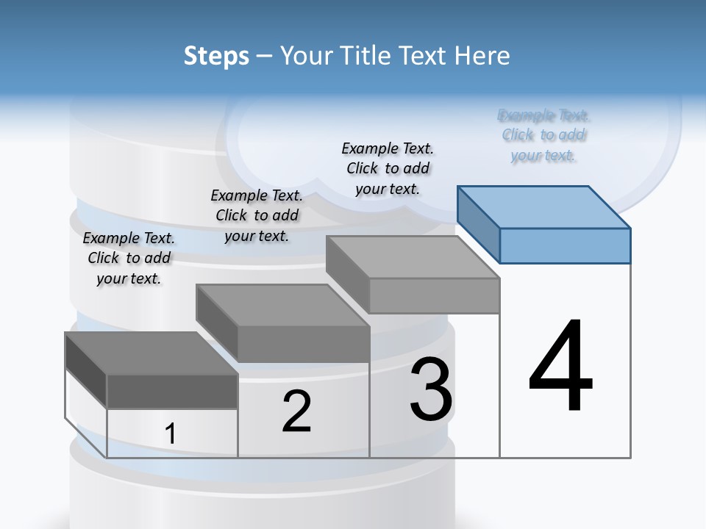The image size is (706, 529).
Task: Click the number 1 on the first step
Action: click(x=170, y=433)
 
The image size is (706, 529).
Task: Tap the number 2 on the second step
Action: click(x=296, y=411)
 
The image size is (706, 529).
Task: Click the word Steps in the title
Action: click(x=216, y=56)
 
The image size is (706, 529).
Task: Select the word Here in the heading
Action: click(x=485, y=56)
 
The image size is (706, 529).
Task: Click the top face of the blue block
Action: click(x=544, y=207)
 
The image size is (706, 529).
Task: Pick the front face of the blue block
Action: click(x=565, y=245)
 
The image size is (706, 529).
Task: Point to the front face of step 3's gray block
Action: click(x=434, y=295)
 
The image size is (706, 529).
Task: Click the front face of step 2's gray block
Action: click(x=304, y=343)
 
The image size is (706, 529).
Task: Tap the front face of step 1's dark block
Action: click(x=172, y=391)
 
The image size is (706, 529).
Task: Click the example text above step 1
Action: click(x=129, y=258)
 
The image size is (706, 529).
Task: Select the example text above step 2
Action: click(x=257, y=215)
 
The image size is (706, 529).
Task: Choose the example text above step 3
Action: click(x=388, y=168)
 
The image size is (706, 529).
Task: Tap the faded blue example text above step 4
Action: click(x=543, y=135)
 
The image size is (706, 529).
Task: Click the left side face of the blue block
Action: click(x=479, y=223)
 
